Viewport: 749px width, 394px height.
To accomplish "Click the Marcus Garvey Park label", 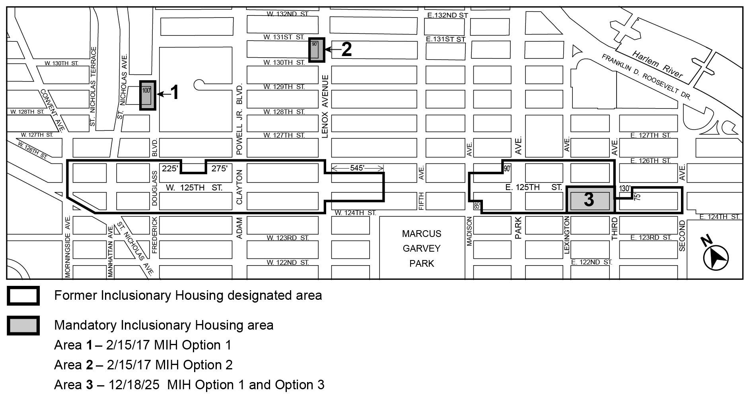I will (x=421, y=248).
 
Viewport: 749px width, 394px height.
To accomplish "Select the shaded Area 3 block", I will (x=590, y=200).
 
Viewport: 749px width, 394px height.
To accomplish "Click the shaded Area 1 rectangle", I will (x=147, y=95).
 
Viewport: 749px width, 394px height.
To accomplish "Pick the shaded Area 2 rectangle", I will (x=317, y=50).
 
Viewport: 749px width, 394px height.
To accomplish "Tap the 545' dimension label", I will (x=357, y=168).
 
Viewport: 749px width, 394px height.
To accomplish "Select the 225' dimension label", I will (x=170, y=169).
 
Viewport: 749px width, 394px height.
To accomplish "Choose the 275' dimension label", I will (x=219, y=169).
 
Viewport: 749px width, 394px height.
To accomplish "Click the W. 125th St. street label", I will (x=194, y=188).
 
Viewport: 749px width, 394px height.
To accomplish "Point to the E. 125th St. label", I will (x=533, y=187).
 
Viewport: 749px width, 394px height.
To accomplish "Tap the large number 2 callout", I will (x=346, y=50).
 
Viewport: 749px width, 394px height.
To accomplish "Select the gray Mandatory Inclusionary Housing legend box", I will (x=23, y=325).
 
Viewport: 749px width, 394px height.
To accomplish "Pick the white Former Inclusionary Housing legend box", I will (x=23, y=296).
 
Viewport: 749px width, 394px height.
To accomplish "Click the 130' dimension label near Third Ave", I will (x=625, y=188).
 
